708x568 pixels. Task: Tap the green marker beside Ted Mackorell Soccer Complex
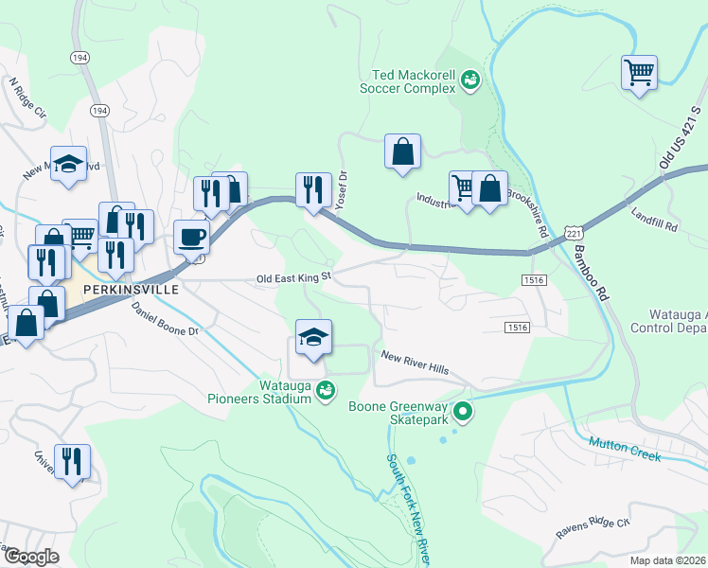coord(470,82)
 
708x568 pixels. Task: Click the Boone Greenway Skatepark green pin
coord(463,411)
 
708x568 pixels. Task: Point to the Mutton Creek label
coord(624,449)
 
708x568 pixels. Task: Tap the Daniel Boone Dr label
coord(166,319)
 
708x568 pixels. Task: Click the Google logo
coord(31,557)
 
